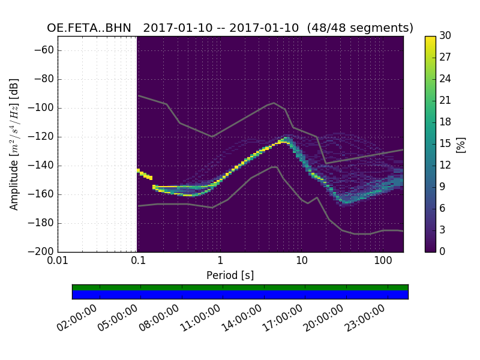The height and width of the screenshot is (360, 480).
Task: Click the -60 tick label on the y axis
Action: coord(46,50)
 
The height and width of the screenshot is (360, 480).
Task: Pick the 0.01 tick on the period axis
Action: coord(58,260)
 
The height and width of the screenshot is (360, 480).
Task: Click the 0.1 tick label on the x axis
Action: coord(138,260)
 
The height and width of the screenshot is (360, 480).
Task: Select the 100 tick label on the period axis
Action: coord(382,260)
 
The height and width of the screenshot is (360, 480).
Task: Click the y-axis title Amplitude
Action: coord(14,144)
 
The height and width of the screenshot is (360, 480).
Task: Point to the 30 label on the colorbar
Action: coord(445,36)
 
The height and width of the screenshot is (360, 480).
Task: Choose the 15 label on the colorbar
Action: coord(445,144)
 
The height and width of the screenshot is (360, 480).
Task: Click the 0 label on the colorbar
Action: coord(443,252)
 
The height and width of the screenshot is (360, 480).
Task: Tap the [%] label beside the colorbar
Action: coord(461,144)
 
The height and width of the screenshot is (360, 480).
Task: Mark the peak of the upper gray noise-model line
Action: coord(274,103)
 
